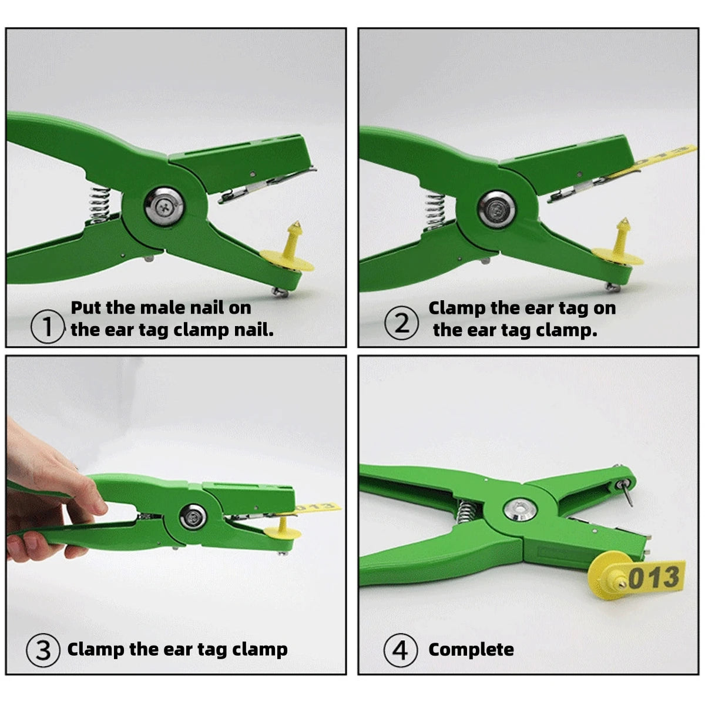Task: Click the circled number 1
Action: pyautogui.click(x=48, y=326)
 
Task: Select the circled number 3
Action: pyautogui.click(x=43, y=650)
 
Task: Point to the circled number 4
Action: pyautogui.click(x=400, y=650)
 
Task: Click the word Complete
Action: pyautogui.click(x=471, y=650)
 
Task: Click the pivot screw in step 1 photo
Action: pyautogui.click(x=164, y=206)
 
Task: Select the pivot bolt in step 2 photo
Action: pyautogui.click(x=496, y=210)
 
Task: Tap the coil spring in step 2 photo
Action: pyautogui.click(x=435, y=213)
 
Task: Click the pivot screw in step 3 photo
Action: pyautogui.click(x=193, y=517)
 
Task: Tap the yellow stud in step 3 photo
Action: pyautogui.click(x=283, y=529)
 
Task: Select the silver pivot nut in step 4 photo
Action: pyautogui.click(x=520, y=509)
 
